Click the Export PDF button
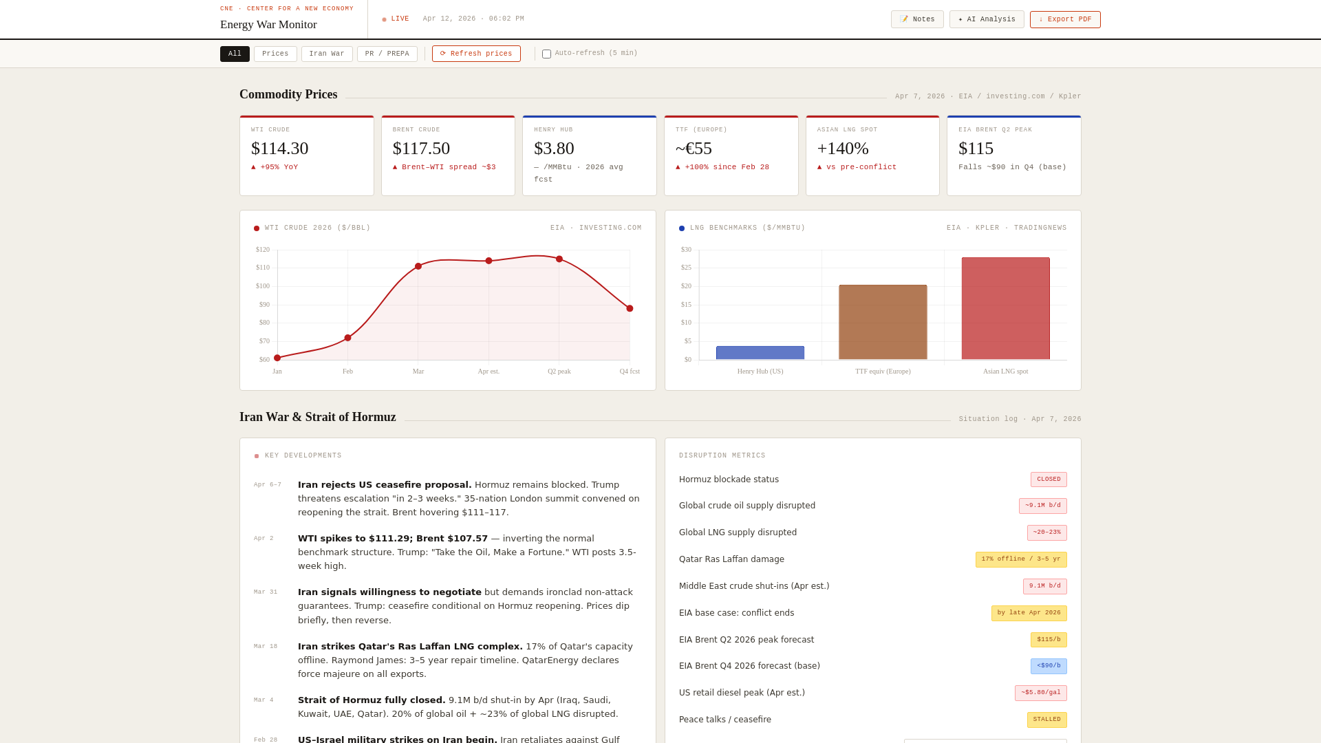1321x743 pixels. click(x=1064, y=19)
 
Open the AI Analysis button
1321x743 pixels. click(x=986, y=19)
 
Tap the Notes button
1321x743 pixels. click(x=916, y=19)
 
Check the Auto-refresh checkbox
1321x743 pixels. click(x=546, y=54)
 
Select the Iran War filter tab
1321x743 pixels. click(x=327, y=54)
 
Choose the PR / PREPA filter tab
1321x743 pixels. click(x=387, y=54)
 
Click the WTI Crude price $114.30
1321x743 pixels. click(x=279, y=149)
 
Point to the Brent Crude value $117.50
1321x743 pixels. click(x=421, y=149)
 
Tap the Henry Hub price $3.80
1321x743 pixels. click(x=554, y=149)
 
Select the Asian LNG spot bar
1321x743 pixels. click(x=1005, y=308)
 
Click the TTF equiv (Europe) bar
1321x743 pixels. click(x=883, y=322)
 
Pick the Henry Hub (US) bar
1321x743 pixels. click(x=760, y=353)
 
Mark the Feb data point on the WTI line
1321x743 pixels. click(x=347, y=338)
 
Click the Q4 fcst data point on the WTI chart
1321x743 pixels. click(x=630, y=308)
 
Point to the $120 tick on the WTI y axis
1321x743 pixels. click(x=263, y=250)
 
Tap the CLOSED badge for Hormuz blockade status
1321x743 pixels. click(x=1048, y=480)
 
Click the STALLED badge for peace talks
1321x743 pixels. click(x=1046, y=720)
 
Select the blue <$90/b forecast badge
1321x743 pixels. click(x=1048, y=666)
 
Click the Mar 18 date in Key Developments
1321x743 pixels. click(x=266, y=647)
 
